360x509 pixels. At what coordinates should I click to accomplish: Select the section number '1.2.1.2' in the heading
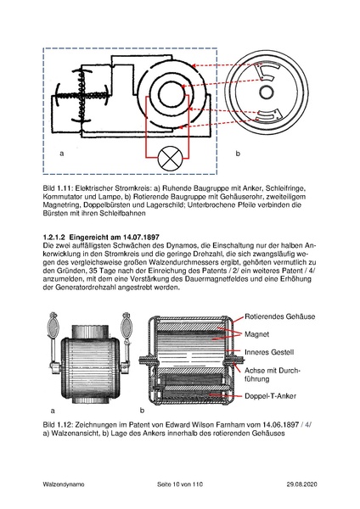pos(58,235)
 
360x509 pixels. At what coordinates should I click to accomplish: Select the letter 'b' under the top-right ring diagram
pos(238,154)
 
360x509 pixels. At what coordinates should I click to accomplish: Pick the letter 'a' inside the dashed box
pos(61,154)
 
